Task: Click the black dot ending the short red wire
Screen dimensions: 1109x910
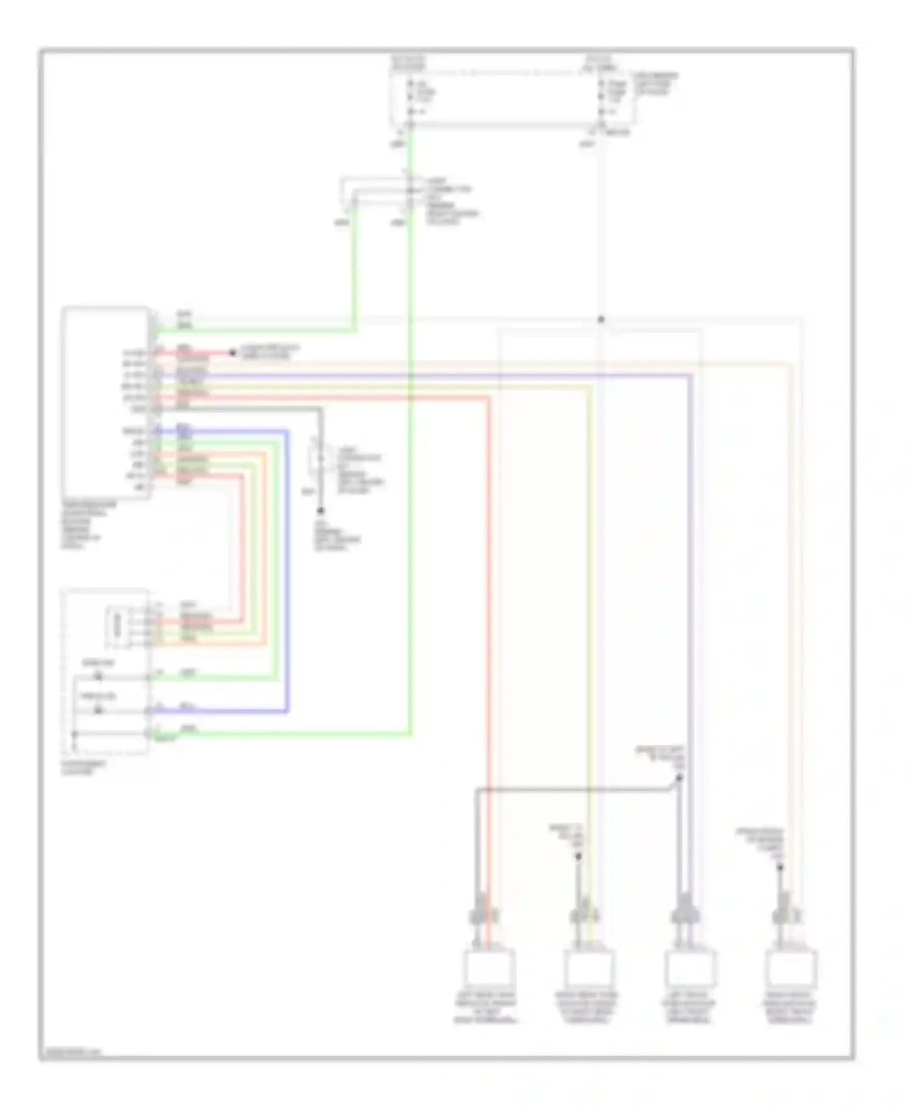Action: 232,352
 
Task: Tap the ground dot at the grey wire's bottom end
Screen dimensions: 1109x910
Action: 321,511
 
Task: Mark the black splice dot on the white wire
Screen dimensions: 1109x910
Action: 601,319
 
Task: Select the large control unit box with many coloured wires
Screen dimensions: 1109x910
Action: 106,403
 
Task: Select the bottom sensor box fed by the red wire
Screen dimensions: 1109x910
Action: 489,968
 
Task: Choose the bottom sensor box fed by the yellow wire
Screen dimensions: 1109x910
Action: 589,968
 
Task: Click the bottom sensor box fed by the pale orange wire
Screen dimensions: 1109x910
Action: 790,968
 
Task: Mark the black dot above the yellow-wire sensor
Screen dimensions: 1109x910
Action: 578,857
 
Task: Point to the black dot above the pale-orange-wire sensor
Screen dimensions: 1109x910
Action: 780,868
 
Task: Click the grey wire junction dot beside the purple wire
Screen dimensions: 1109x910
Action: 679,778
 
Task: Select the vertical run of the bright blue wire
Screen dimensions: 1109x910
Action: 286,570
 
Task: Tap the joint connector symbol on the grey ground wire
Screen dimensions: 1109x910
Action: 318,458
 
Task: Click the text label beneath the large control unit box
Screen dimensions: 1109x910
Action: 89,525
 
